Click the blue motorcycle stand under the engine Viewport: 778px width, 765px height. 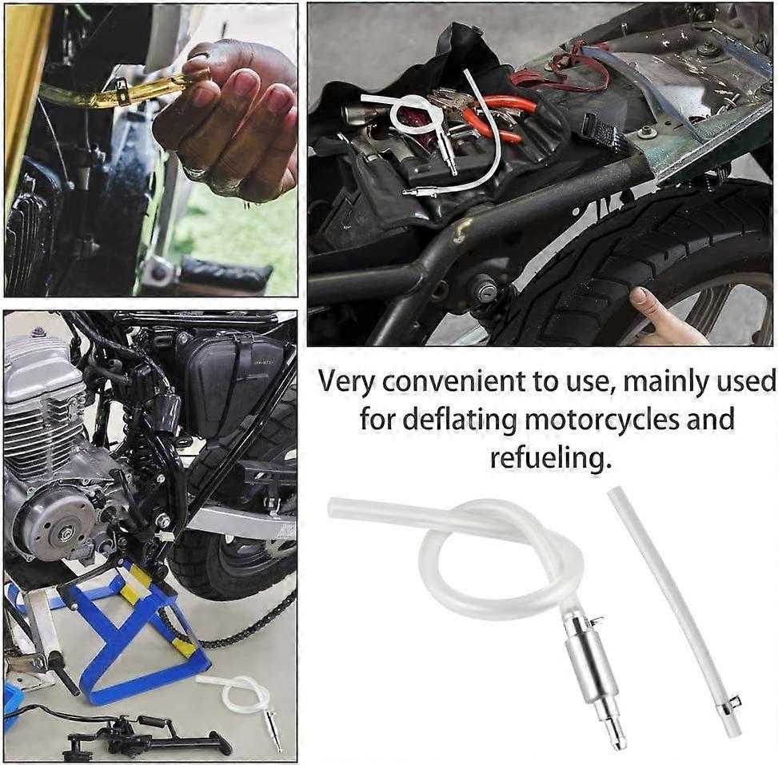[144, 632]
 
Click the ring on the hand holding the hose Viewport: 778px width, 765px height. [195, 171]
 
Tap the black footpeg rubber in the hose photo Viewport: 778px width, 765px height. [224, 276]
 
